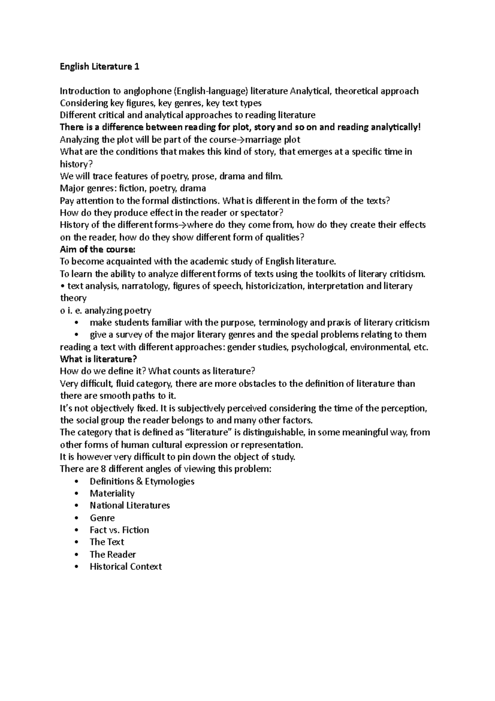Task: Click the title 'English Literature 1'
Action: pos(99,66)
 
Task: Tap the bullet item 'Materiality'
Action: pos(112,493)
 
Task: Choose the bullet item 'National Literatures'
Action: pos(130,505)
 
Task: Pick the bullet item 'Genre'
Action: pos(102,518)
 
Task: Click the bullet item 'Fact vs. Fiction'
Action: pos(119,530)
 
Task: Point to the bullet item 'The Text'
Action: pos(106,542)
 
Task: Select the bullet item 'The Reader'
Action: pos(113,554)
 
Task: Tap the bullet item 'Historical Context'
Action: pos(125,566)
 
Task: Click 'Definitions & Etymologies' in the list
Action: pos(142,481)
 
